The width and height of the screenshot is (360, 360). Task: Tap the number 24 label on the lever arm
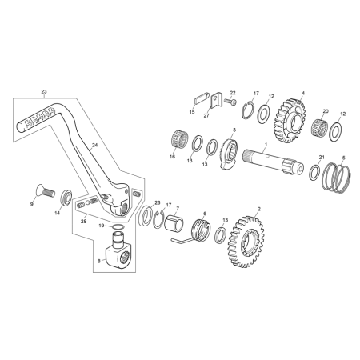[94, 146]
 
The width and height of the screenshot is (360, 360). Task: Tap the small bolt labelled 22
[230, 102]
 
